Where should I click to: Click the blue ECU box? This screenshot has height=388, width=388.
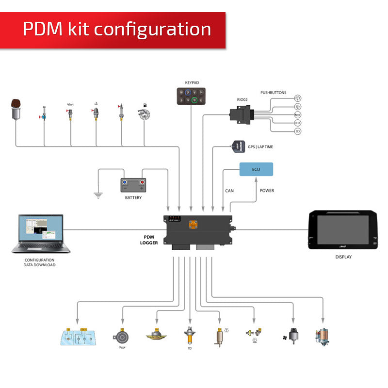[256, 169]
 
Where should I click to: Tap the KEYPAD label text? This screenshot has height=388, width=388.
[192, 83]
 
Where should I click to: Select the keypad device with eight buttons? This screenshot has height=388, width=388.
[191, 96]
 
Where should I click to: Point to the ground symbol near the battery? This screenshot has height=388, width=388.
[98, 195]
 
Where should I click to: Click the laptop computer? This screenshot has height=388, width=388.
[41, 234]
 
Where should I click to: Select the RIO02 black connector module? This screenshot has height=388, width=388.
[242, 115]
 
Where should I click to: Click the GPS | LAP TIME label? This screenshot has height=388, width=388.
[263, 146]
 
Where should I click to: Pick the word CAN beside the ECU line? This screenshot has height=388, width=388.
[229, 191]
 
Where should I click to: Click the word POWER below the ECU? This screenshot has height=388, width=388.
[267, 191]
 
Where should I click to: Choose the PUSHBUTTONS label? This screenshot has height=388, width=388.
[273, 92]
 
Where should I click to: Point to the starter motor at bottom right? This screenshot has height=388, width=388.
[322, 336]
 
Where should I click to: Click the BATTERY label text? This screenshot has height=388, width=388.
[133, 198]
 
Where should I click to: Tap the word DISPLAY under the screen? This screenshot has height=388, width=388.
[343, 257]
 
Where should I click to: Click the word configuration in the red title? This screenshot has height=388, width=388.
[152, 30]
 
